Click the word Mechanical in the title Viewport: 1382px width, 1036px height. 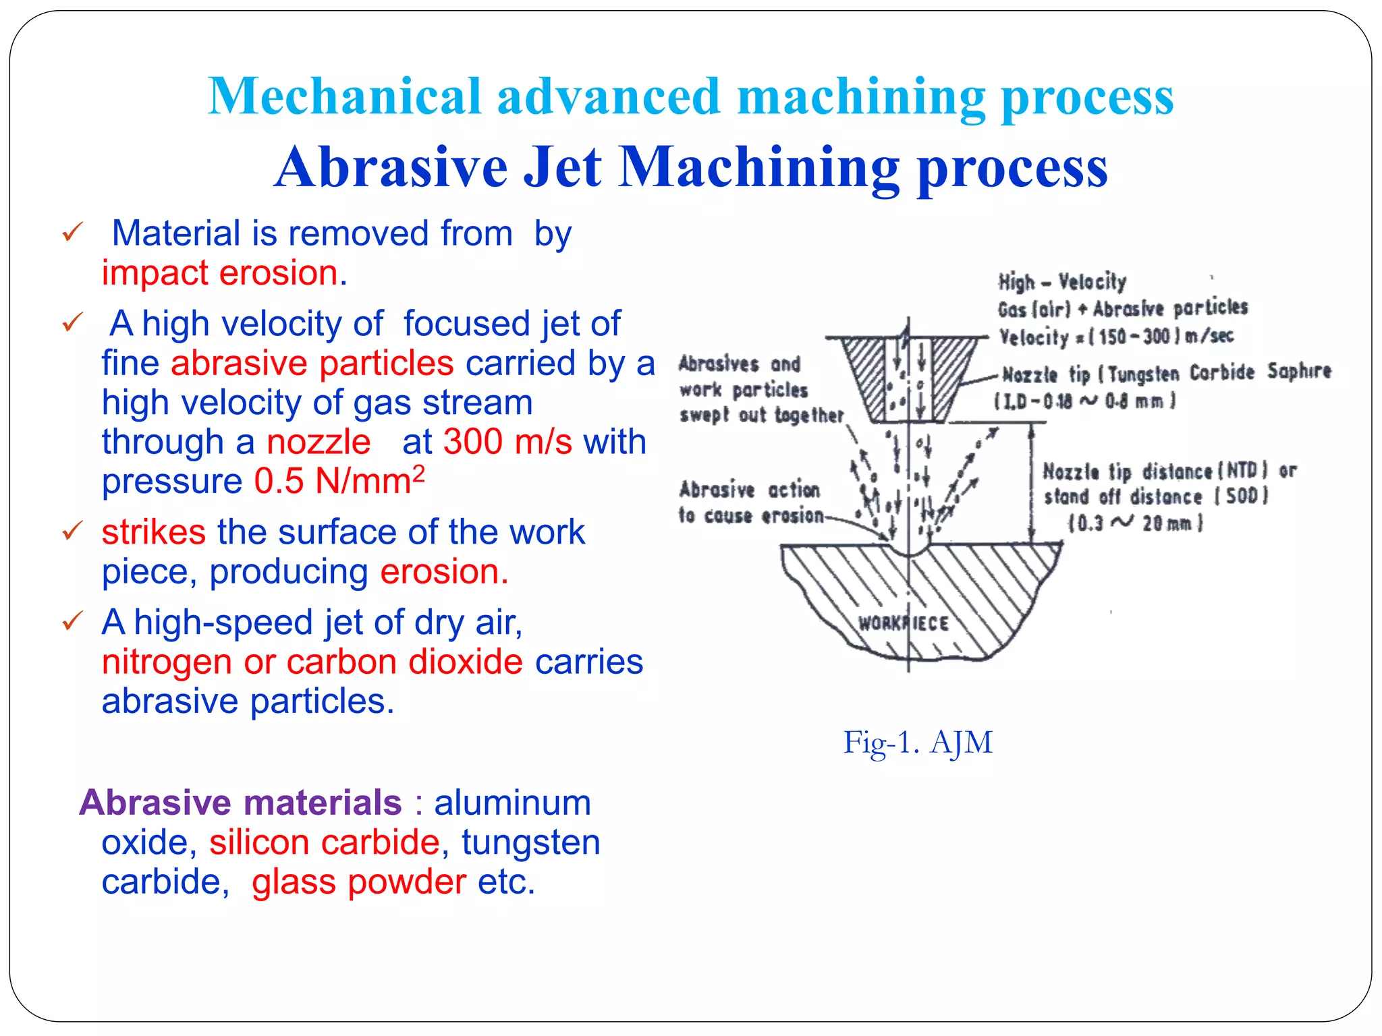344,96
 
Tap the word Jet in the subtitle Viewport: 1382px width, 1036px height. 562,167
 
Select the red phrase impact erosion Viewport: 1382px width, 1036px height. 224,273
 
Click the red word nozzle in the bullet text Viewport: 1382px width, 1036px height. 319,442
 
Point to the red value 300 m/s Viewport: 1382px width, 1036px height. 507,442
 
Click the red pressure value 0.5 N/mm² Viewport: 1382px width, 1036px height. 339,482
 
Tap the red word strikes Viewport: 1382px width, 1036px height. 154,532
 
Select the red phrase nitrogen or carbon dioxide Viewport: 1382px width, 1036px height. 312,662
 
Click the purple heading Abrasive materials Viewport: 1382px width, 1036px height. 241,803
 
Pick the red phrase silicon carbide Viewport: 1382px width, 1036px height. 325,842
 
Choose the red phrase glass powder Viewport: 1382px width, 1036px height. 358,882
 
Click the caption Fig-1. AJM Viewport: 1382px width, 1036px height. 918,743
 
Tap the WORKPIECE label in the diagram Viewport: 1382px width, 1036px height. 903,623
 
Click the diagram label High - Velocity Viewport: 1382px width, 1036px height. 1061,282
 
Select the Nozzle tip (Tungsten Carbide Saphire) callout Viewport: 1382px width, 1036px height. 1166,373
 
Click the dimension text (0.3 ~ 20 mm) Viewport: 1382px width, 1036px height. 1135,523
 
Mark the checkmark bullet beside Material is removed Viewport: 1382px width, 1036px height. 72,233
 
